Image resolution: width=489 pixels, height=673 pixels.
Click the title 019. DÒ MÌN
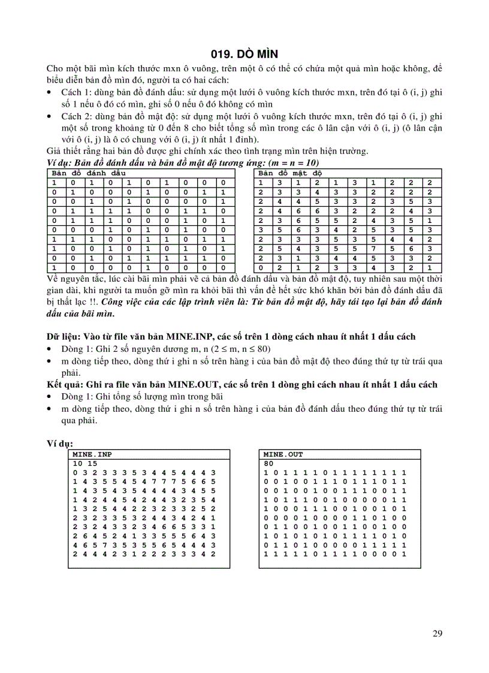(244, 54)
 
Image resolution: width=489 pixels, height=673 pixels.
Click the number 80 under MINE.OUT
(268, 463)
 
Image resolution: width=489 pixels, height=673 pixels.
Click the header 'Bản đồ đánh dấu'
(89, 173)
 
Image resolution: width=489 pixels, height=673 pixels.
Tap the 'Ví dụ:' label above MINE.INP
(60, 443)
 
